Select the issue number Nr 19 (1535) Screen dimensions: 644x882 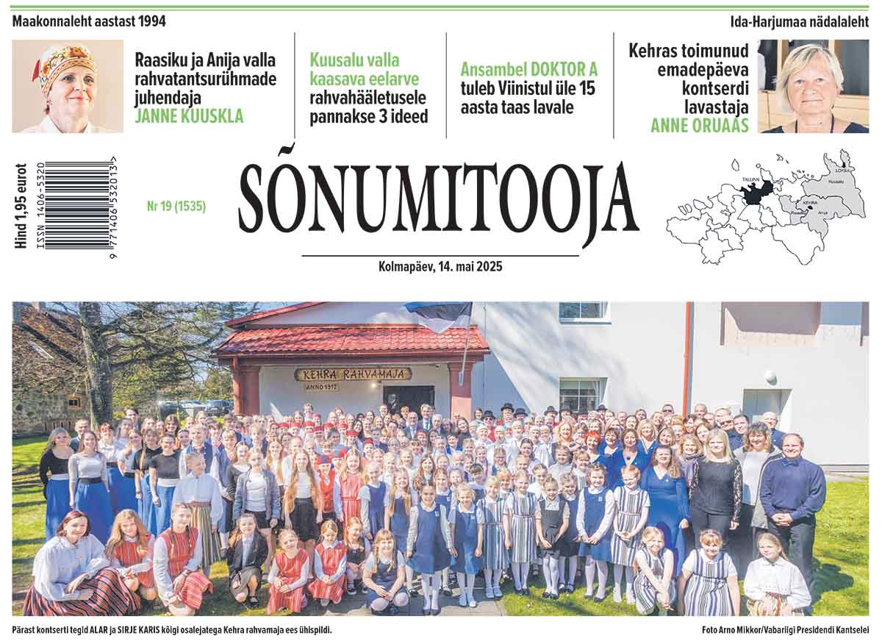176,207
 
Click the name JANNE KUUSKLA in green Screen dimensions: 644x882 189,116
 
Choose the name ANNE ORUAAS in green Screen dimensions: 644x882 700,126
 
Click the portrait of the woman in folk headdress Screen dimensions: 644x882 68,87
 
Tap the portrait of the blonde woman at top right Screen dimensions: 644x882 813,86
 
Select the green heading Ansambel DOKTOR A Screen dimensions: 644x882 529,70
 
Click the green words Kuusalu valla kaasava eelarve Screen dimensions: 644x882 355,69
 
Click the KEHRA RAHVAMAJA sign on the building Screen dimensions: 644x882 354,374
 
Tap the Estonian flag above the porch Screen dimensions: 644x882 440,315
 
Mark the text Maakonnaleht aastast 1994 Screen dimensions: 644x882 89,21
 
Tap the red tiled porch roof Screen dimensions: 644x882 351,340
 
